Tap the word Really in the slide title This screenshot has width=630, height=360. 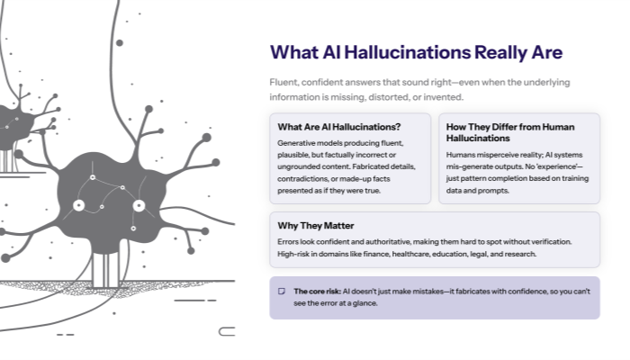coord(496,51)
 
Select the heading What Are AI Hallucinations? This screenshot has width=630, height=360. coord(339,127)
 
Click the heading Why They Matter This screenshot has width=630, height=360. coord(316,225)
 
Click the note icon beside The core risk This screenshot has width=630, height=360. coord(282,292)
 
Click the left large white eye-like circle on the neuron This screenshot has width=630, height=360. coord(78,205)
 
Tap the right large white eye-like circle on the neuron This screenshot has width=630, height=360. coord(139,205)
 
